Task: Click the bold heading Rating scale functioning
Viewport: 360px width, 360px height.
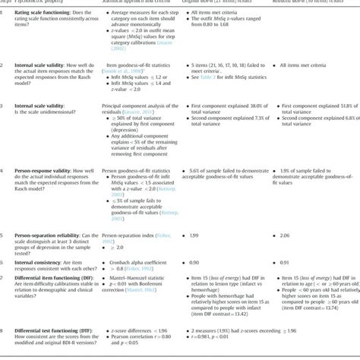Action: click(45, 14)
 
